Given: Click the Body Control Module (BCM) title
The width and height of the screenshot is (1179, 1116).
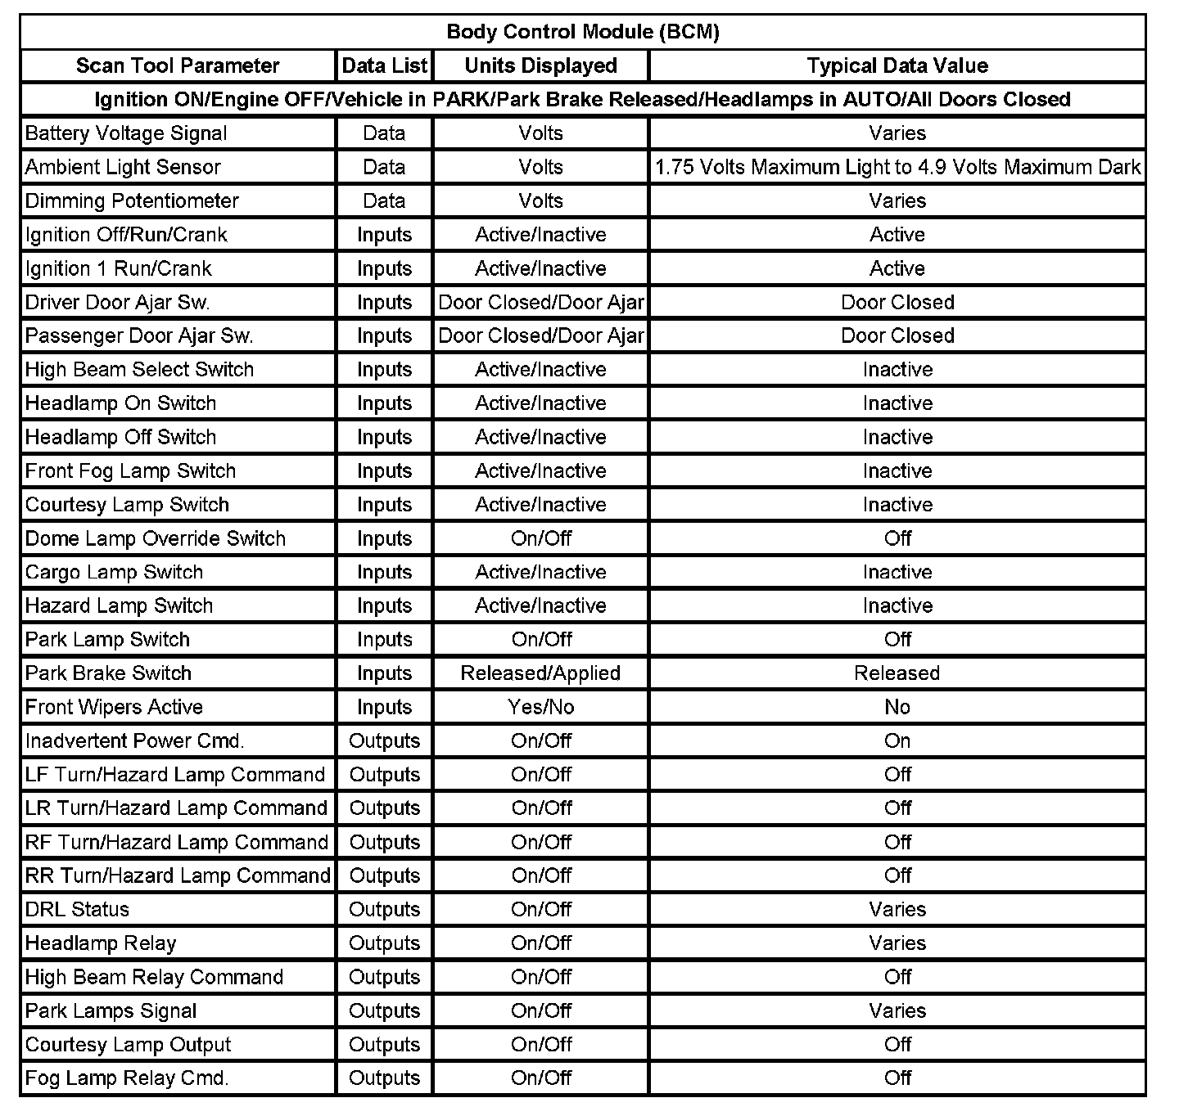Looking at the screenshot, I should click(x=583, y=32).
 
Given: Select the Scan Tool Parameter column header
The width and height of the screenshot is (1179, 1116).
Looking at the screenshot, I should click(x=178, y=65).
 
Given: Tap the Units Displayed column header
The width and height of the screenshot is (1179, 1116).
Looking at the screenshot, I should click(x=540, y=65).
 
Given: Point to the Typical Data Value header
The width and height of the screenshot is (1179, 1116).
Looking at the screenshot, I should click(x=897, y=65).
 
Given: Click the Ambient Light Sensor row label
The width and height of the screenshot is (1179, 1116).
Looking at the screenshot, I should click(x=123, y=167).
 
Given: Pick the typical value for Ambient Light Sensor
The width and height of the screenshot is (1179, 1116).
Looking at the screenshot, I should click(x=897, y=167).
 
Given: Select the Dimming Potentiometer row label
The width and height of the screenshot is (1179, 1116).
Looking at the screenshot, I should click(x=132, y=200).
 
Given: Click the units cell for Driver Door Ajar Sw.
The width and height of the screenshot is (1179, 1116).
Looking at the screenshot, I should click(x=540, y=302).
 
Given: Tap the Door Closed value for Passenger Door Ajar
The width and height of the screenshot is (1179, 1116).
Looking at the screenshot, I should click(x=897, y=335).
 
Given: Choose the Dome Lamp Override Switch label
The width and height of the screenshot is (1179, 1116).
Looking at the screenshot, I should click(x=156, y=538).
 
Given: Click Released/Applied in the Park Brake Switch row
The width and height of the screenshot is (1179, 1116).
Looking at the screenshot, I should click(x=540, y=673).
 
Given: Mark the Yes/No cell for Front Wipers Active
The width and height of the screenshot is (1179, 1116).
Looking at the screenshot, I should click(x=540, y=707).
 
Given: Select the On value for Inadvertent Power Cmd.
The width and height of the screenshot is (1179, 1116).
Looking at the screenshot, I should click(x=897, y=740).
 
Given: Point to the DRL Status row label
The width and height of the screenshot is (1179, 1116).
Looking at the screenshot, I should click(x=77, y=909).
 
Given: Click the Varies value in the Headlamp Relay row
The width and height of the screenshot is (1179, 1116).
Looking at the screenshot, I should click(x=897, y=943).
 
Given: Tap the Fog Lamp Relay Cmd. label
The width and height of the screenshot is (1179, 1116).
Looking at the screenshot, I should click(x=127, y=1078).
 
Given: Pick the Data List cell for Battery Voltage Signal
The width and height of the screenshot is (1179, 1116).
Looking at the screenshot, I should click(x=384, y=133).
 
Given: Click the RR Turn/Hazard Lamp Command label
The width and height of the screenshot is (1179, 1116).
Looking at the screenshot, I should click(x=178, y=875).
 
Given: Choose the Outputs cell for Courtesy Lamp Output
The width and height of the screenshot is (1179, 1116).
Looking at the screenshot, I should click(x=384, y=1044).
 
